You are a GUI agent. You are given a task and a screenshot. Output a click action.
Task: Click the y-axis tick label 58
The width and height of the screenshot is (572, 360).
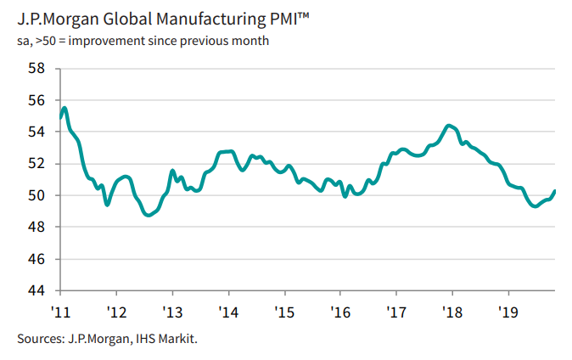[39, 68]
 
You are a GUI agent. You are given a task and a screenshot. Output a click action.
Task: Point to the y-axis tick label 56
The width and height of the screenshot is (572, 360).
[39, 100]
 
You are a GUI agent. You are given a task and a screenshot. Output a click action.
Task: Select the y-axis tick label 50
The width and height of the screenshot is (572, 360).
[39, 195]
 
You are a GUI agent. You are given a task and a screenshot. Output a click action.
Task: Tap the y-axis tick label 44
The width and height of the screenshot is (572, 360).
[39, 290]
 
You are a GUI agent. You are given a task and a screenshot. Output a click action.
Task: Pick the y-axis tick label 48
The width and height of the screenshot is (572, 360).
[39, 227]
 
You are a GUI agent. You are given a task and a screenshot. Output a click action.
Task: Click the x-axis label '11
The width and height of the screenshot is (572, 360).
[60, 311]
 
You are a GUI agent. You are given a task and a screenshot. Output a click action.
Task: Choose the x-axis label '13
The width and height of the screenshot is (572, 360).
[172, 311]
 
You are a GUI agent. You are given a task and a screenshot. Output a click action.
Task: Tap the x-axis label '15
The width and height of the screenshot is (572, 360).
[284, 311]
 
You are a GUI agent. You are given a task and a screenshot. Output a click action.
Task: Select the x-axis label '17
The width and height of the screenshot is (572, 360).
[396, 311]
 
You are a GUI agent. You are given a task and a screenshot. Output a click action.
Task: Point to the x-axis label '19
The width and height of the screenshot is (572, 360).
[508, 311]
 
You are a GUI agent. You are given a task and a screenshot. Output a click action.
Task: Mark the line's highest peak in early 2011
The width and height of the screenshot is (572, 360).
[65, 108]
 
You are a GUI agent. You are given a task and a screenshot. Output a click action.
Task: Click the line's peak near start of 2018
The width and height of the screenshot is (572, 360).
[449, 126]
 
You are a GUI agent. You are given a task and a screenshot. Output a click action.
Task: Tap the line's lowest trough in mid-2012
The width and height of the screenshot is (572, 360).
[149, 215]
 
